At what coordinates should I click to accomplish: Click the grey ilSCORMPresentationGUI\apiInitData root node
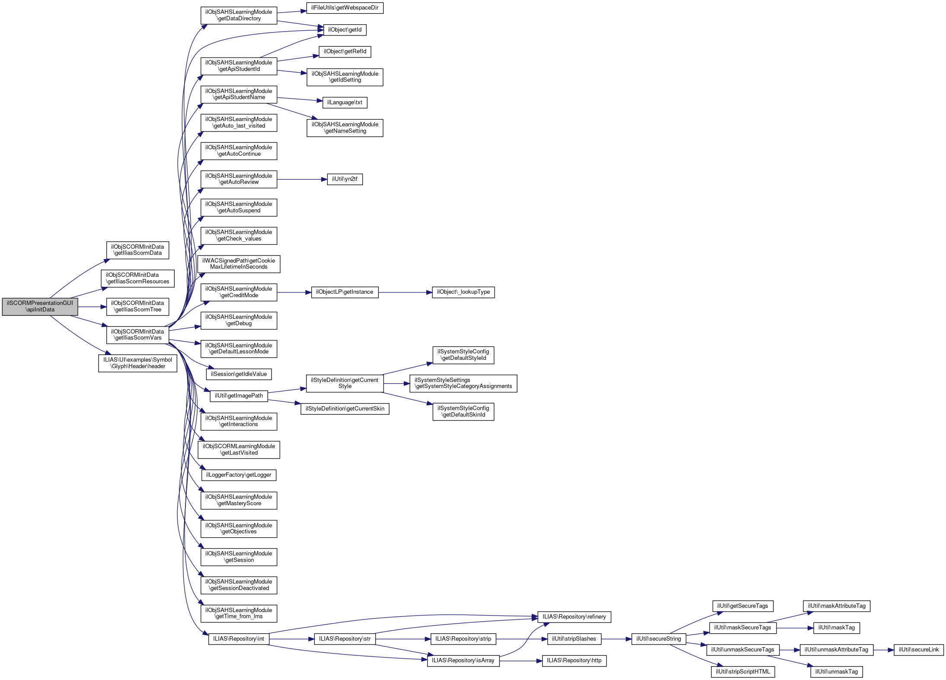click(40, 307)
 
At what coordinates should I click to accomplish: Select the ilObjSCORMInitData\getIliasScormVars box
click(137, 335)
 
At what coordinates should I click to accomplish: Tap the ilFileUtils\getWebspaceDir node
click(345, 8)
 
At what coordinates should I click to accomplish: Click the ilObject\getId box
click(345, 30)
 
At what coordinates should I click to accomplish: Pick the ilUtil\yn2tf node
click(345, 179)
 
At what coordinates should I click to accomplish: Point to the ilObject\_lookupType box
click(463, 292)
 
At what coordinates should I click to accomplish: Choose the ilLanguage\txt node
click(345, 103)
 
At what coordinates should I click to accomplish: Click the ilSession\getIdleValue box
click(239, 374)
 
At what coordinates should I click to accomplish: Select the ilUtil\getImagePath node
click(239, 396)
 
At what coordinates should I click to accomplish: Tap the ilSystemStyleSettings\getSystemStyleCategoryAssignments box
click(463, 384)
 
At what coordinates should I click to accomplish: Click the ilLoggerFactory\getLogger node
click(239, 475)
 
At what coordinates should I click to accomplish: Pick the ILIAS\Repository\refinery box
click(574, 617)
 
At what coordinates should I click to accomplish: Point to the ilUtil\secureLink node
click(918, 650)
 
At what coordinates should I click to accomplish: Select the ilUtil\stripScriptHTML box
click(742, 672)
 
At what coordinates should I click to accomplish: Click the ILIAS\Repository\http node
click(574, 661)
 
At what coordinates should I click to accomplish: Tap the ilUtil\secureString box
click(658, 639)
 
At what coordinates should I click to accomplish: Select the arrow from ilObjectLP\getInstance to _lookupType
click(405, 292)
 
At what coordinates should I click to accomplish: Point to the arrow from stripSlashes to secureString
click(616, 639)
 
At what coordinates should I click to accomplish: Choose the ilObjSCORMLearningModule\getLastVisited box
click(239, 450)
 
